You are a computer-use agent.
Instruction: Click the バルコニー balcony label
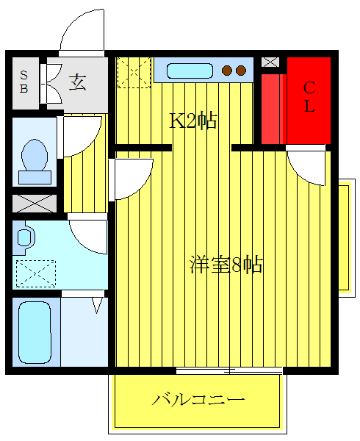(198, 401)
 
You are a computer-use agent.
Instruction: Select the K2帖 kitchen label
(193, 121)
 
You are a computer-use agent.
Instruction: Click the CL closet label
(309, 97)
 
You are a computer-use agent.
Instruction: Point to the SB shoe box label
(24, 82)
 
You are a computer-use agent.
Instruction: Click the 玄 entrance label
(76, 82)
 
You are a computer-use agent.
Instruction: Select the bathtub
(34, 331)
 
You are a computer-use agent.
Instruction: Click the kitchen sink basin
(190, 71)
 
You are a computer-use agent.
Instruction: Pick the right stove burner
(241, 71)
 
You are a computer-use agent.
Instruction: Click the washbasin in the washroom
(24, 237)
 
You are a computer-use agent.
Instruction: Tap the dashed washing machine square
(35, 273)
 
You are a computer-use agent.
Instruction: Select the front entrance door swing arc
(82, 33)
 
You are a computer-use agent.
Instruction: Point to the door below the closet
(307, 166)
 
